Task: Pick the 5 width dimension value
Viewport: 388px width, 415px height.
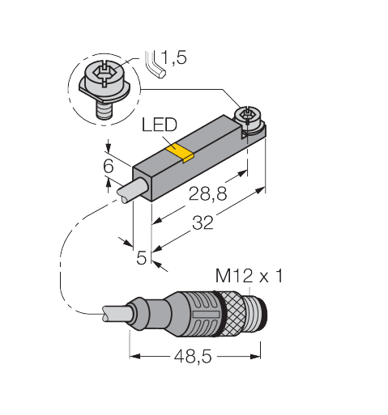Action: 141,257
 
